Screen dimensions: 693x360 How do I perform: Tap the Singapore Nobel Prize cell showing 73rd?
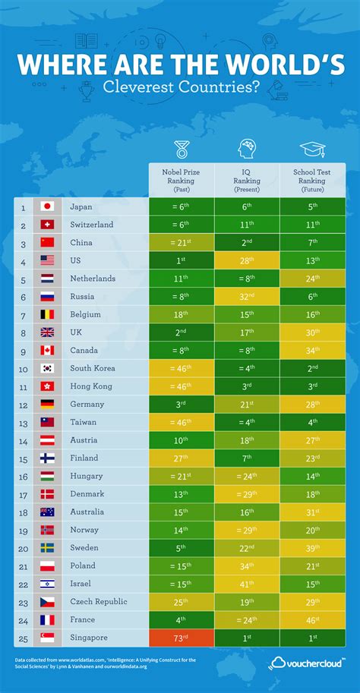(x=180, y=638)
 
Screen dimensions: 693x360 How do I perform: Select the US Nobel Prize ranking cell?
(x=180, y=260)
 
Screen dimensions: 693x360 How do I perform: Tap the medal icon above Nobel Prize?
(x=180, y=148)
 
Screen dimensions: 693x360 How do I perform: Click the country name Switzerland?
(x=92, y=225)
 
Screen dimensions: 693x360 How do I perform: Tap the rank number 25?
(x=24, y=638)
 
